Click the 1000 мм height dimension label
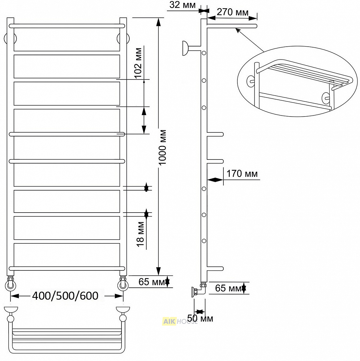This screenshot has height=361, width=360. click(162, 147)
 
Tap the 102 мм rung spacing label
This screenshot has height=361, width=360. click(138, 63)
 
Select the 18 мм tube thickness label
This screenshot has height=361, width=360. click(140, 234)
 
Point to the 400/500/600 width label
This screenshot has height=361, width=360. click(65, 296)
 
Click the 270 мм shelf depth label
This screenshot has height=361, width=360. click(232, 12)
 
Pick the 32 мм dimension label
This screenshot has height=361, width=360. click(182, 5)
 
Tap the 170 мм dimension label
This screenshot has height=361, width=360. click(242, 174)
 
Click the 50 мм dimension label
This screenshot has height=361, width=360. click(200, 318)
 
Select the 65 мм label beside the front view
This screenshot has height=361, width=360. click(152, 282)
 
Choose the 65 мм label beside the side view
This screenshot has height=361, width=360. click(228, 288)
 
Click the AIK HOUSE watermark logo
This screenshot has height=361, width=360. click(180, 321)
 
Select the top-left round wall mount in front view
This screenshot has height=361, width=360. click(10, 38)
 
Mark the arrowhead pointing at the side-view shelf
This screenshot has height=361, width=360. click(237, 30)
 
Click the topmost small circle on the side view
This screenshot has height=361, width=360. click(204, 53)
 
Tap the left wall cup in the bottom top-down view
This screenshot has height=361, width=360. click(10, 309)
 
